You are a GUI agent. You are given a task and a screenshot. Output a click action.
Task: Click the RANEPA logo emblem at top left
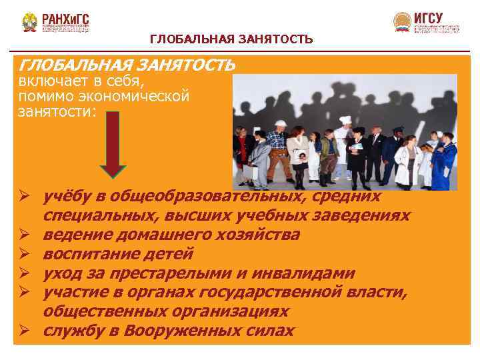[29, 22]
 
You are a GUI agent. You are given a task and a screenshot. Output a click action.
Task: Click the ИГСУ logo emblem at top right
[402, 22]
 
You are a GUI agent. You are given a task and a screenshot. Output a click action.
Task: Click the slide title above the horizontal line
[231, 40]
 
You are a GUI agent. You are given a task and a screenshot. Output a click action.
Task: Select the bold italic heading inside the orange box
[127, 65]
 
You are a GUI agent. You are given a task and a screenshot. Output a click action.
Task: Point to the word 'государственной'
[267, 292]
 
